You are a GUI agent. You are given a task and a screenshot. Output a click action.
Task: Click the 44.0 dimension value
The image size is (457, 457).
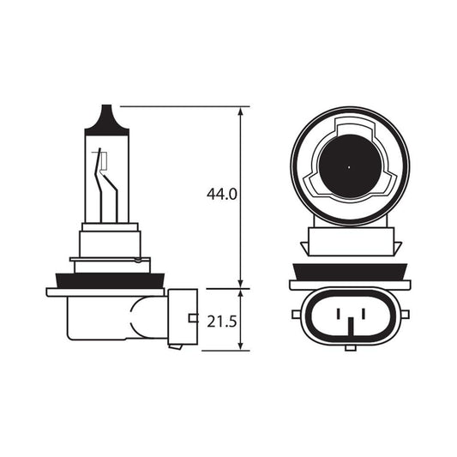pyautogui.click(x=221, y=195)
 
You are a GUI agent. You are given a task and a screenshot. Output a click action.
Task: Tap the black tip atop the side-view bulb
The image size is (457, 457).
pyautogui.click(x=107, y=117)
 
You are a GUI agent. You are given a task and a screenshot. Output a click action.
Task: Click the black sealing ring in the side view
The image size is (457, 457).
pyautogui.click(x=104, y=280)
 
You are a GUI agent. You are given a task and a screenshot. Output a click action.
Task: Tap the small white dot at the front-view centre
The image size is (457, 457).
pyautogui.click(x=350, y=165)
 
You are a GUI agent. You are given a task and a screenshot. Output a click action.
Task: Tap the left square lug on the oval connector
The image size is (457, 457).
pyautogui.click(x=297, y=314)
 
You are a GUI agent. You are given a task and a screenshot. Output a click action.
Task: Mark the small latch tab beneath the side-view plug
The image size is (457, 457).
pyautogui.click(x=175, y=346)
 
